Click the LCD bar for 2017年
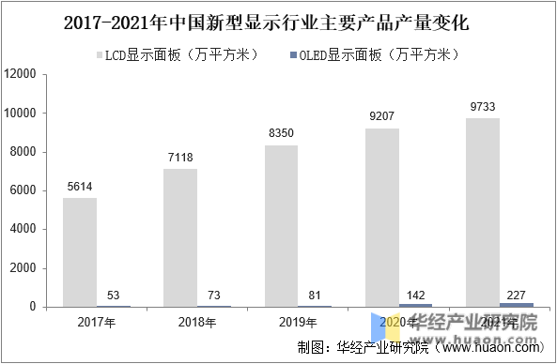pos(80,251)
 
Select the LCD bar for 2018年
pos(180,237)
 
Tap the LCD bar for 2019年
pos(281,225)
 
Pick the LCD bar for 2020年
pos(381,217)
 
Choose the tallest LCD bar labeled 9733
pos(482,212)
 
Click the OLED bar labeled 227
pos(516,303)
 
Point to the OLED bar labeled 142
pos(415,304)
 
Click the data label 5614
pos(80,187)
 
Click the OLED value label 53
pos(114,296)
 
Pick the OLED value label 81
pos(315,295)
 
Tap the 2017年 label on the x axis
pos(96,323)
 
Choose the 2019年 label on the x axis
pos(297,323)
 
